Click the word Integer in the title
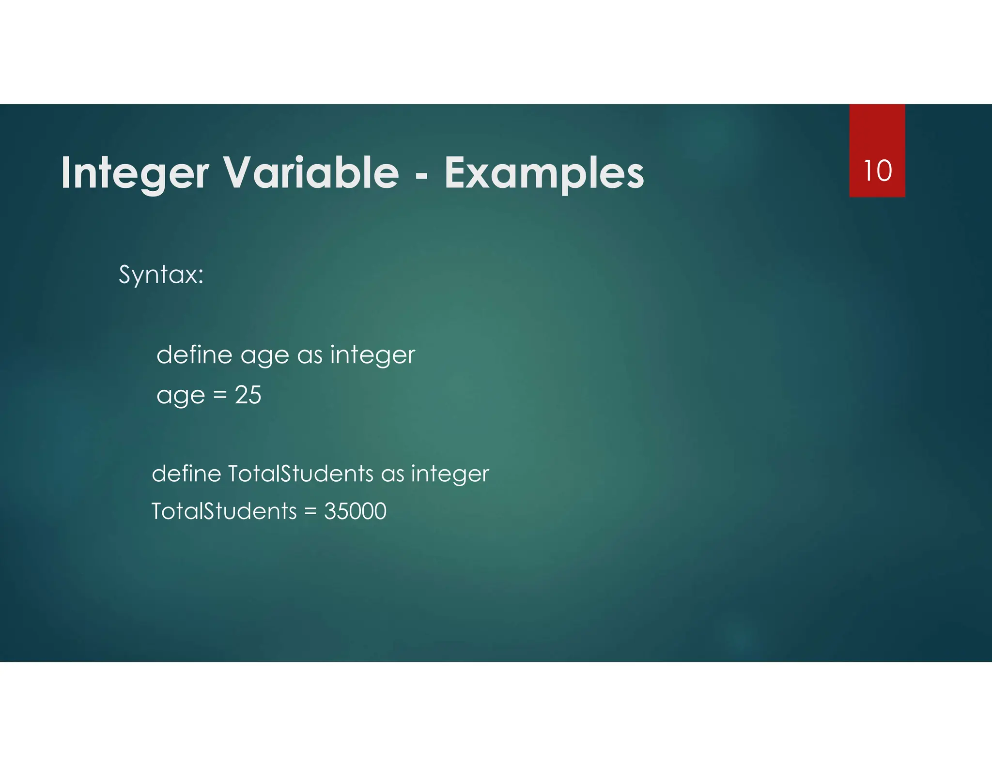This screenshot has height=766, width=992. click(x=135, y=173)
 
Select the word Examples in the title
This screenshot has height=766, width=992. click(x=544, y=173)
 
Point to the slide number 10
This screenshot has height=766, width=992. click(x=877, y=171)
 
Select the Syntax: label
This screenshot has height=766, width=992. click(x=161, y=275)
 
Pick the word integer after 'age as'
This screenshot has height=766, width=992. click(x=372, y=355)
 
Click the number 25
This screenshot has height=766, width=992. click(x=248, y=395)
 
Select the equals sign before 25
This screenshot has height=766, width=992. click(x=220, y=396)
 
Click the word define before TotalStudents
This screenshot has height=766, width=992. click(x=186, y=473)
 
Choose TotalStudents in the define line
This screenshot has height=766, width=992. click(x=300, y=473)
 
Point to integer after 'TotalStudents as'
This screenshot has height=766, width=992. click(x=450, y=474)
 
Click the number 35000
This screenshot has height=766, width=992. click(x=355, y=511)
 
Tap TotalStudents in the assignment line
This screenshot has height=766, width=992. click(x=224, y=511)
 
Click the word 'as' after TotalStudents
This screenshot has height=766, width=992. click(x=392, y=474)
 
